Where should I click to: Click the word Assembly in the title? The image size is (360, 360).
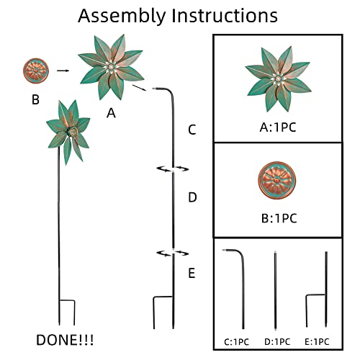coord(122,17)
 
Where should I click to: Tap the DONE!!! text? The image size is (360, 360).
coord(65,340)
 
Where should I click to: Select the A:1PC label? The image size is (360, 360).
coord(278,127)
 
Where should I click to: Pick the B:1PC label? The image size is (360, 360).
coord(279,218)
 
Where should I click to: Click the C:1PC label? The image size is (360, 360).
coord(236,342)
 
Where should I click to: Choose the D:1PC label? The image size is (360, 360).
coord(277,342)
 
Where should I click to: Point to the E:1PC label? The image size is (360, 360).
coord(317,342)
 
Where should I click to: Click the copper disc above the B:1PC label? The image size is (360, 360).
coord(277,180)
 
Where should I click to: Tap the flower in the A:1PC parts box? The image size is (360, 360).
coord(278,78)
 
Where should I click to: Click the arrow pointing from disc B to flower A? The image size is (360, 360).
coord(63,71)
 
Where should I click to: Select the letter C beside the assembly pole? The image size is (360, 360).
coord(192,130)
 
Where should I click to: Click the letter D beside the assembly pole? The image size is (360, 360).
coord(192,197)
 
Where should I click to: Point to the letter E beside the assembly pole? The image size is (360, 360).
coord(192,273)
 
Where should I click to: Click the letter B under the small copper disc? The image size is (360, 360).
coord(35,99)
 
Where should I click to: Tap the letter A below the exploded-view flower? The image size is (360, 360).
coord(111,113)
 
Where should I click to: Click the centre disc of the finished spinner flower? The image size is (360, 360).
coord(73,132)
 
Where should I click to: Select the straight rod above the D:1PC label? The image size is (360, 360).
coord(275,290)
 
